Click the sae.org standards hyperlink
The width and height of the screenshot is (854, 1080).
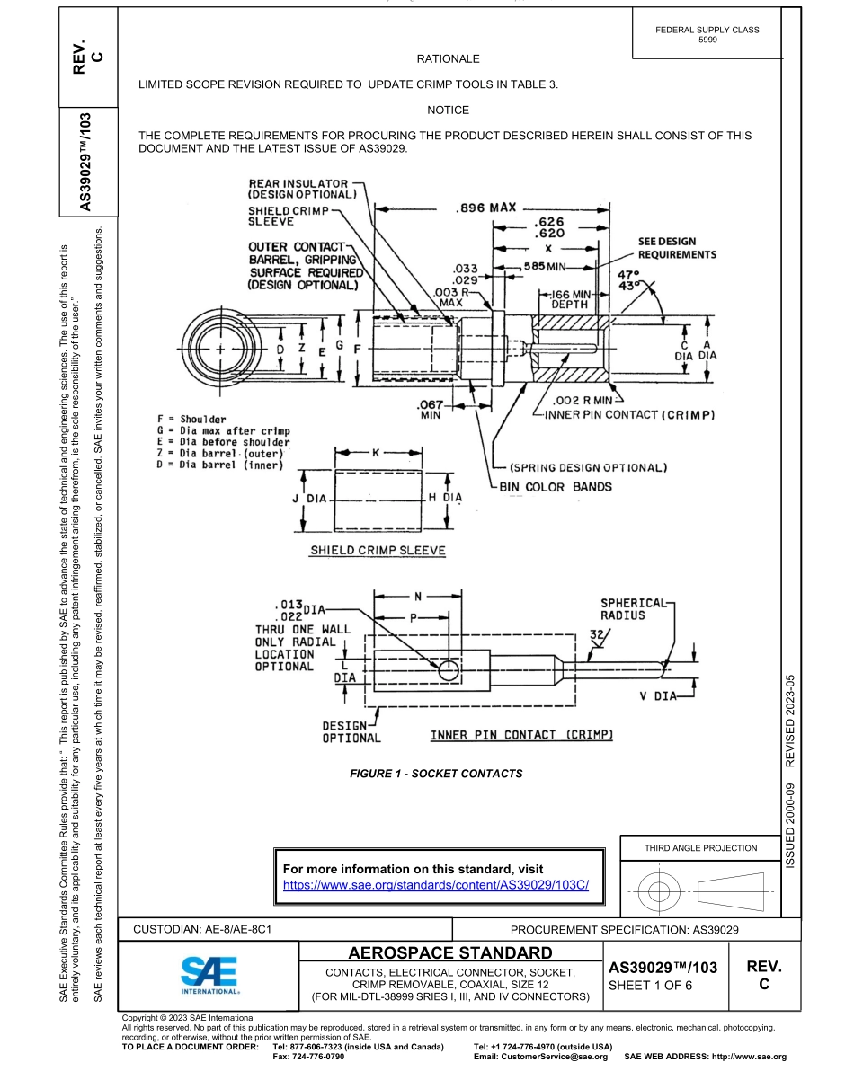click(435, 884)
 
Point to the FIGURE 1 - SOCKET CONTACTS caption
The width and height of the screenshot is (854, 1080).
click(436, 773)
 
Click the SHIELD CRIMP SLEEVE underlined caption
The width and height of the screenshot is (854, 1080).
click(378, 551)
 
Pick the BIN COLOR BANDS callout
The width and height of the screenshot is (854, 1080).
click(556, 487)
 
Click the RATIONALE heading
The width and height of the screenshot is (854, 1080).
click(449, 59)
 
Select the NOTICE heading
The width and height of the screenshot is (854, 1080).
click(449, 110)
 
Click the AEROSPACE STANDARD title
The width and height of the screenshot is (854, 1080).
click(449, 952)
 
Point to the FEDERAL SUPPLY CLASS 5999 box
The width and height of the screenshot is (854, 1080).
click(707, 34)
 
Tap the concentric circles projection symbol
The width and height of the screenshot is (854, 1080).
click(659, 892)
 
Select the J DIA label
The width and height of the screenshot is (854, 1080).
click(310, 497)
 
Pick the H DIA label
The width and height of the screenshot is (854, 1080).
click(445, 497)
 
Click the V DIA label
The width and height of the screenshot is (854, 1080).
click(659, 695)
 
